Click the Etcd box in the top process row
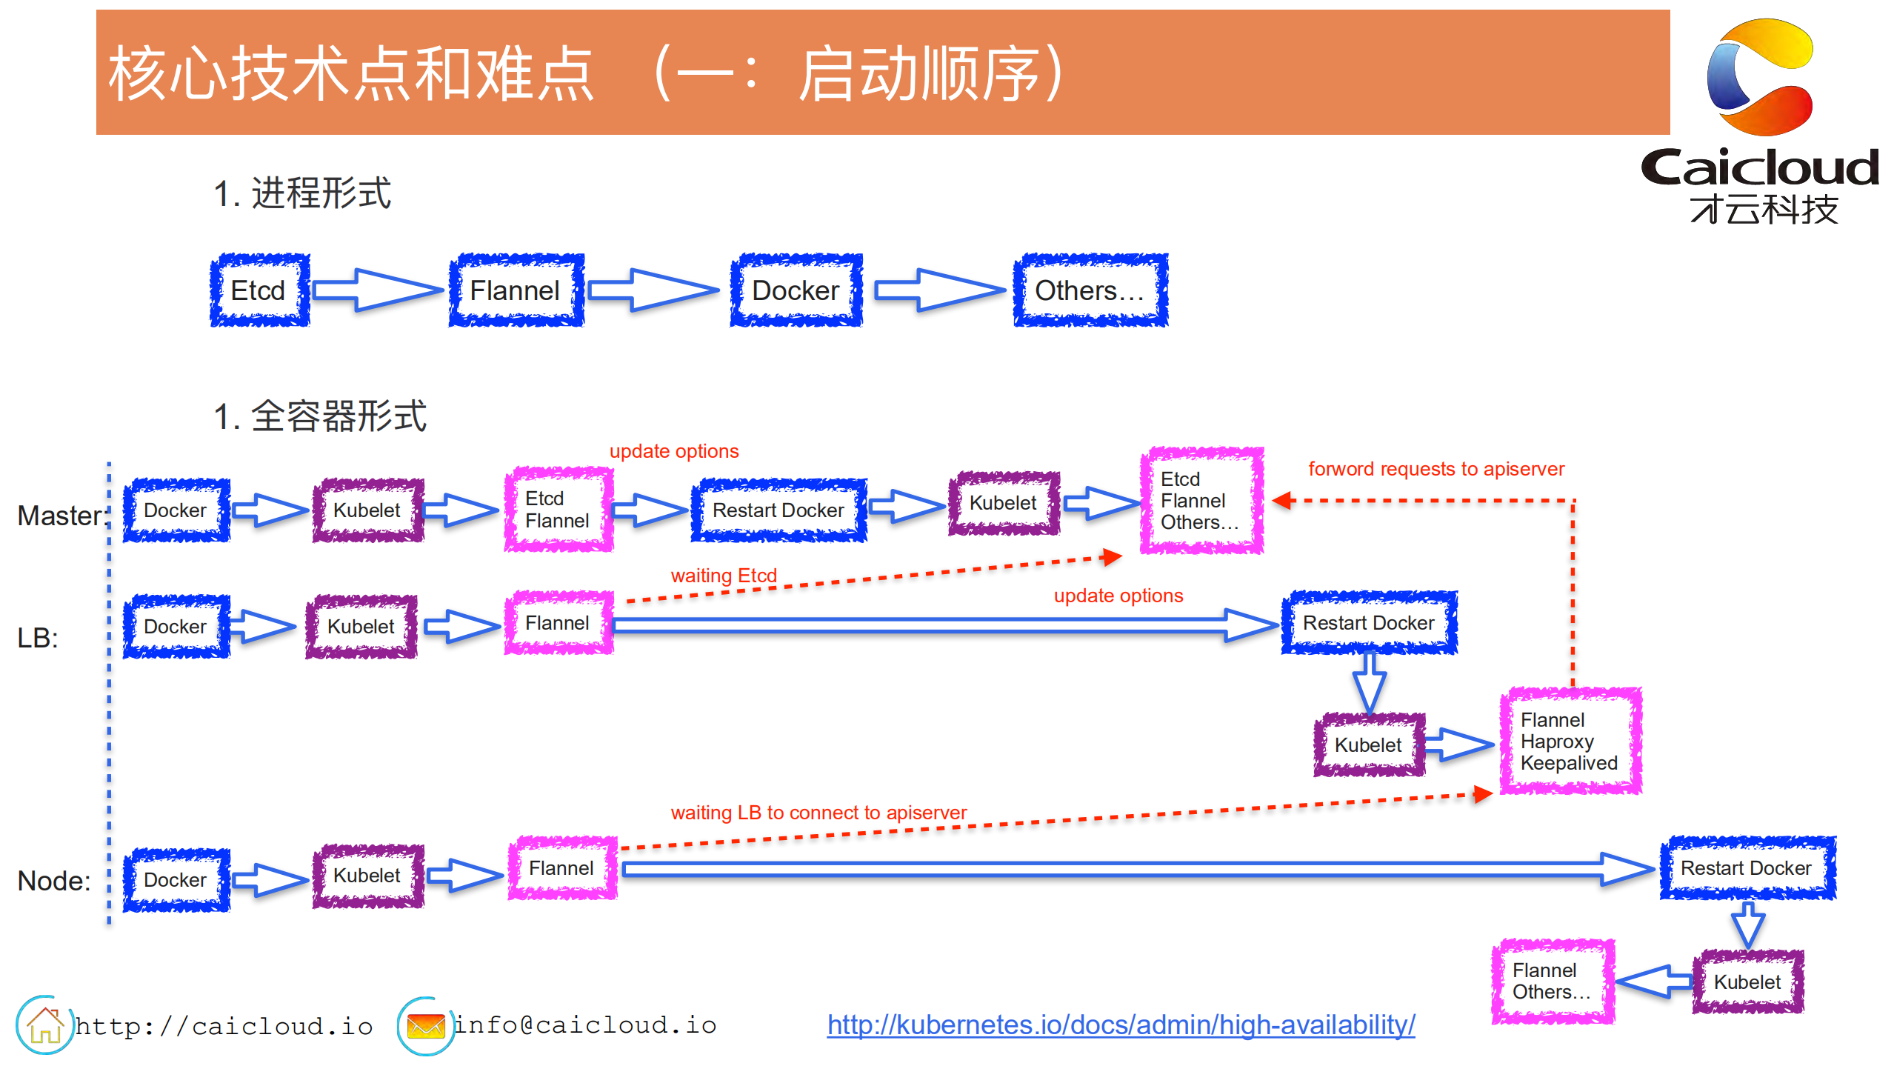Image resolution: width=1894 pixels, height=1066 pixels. click(259, 290)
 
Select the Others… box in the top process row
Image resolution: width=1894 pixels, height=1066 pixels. click(1090, 290)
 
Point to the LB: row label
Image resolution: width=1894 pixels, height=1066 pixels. click(37, 638)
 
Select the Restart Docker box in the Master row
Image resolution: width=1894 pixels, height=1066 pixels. click(778, 510)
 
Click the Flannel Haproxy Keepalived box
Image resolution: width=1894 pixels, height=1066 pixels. click(1570, 742)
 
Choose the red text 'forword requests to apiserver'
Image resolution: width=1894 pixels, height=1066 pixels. click(1435, 469)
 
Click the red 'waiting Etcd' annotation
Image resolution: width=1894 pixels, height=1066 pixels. click(723, 576)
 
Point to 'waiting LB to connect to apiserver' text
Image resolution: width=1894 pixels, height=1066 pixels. click(818, 813)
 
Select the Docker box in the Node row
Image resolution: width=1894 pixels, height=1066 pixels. click(176, 880)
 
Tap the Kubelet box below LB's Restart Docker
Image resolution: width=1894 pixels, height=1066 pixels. click(1368, 745)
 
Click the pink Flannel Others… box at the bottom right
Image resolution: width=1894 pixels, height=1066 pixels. click(1552, 982)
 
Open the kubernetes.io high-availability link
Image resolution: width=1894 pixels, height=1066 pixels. click(1121, 1025)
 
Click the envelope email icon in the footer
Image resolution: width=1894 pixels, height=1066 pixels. click(425, 1026)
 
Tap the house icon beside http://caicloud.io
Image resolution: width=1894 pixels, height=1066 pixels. click(44, 1025)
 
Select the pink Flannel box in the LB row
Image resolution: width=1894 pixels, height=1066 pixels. click(558, 623)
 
